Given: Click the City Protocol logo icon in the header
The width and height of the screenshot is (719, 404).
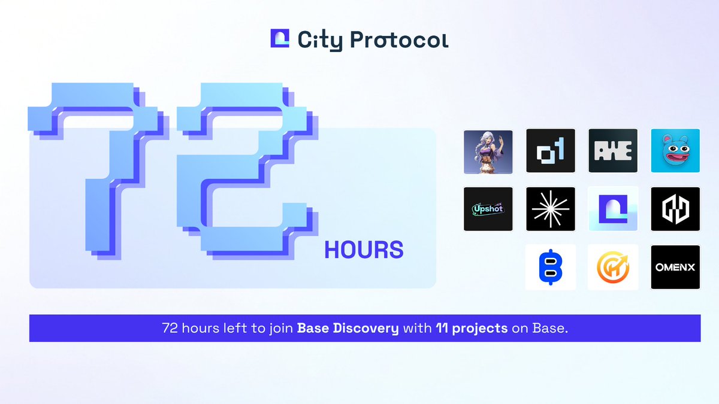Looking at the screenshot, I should [x=280, y=39].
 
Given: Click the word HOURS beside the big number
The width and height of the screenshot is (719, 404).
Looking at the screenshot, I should [x=364, y=250].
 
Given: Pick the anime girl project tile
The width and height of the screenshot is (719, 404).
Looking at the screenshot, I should [x=488, y=151].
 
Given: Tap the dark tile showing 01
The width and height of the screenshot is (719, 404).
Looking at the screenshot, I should [x=551, y=151].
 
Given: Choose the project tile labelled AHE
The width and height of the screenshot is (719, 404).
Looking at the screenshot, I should [x=613, y=151].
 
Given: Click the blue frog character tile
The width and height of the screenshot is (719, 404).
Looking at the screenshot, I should [x=675, y=151].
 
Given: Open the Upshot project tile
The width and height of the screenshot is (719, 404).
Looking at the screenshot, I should [x=488, y=209].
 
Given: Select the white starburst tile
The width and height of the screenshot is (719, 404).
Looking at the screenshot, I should [x=551, y=209].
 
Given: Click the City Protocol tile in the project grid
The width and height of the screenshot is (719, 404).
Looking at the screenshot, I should [x=613, y=209].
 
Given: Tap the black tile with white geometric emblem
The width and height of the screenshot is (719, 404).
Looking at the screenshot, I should [x=675, y=209].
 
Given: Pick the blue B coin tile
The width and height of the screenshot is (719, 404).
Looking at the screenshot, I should [x=551, y=267].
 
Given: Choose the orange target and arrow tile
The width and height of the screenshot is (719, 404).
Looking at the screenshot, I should [x=613, y=267].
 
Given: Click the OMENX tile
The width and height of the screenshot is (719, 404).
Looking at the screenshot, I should [x=675, y=267].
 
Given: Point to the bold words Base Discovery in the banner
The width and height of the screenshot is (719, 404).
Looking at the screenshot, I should [x=348, y=329].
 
